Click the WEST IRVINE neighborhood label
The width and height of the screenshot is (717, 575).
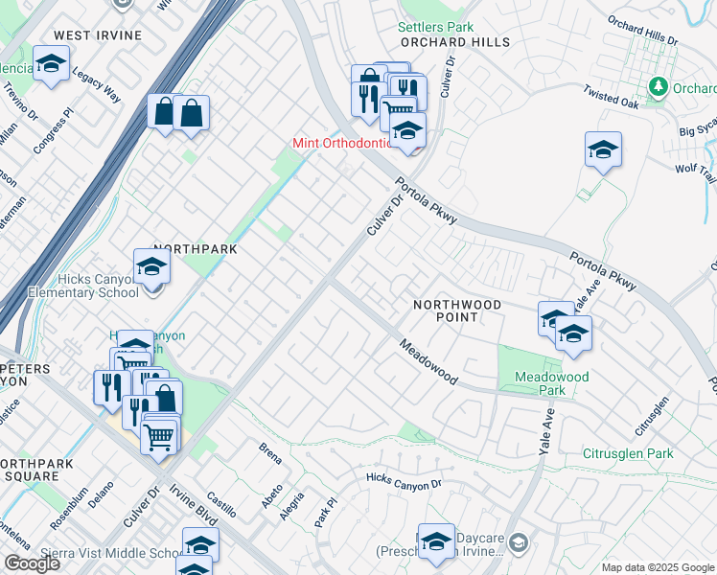(97, 35)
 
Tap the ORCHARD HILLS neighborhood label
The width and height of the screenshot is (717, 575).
(455, 42)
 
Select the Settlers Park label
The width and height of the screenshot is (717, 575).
(436, 27)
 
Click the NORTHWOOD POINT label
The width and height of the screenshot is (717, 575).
(457, 310)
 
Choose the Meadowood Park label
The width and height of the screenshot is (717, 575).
(551, 383)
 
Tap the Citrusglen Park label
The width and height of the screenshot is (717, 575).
(628, 453)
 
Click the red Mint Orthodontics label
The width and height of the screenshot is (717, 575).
(343, 144)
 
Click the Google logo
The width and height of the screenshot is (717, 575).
(31, 563)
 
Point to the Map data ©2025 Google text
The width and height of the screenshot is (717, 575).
(658, 567)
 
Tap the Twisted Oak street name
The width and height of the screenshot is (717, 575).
(610, 97)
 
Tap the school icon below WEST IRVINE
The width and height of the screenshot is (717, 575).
(50, 64)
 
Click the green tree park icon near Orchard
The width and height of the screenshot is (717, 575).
(658, 87)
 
